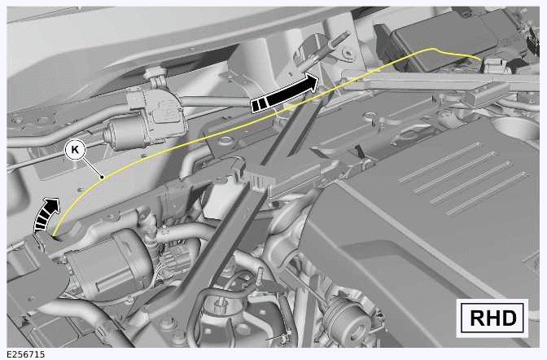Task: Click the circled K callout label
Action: [75, 150]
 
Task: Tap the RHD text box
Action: [492, 318]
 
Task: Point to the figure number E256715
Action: [26, 354]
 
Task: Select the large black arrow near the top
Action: [284, 93]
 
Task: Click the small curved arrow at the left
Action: [46, 213]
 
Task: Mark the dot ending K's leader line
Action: [102, 178]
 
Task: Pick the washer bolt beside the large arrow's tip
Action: [347, 53]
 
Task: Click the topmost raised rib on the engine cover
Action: [440, 162]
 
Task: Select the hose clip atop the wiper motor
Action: [157, 77]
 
